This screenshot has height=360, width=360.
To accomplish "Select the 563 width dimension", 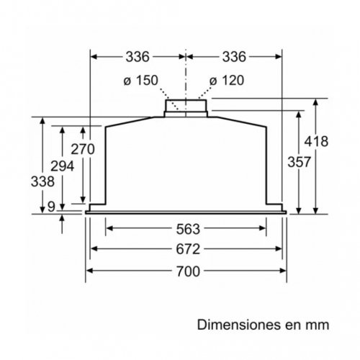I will (185, 230).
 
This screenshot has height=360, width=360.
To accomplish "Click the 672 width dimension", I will (185, 250).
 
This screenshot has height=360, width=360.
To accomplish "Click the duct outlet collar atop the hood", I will (186, 106).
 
